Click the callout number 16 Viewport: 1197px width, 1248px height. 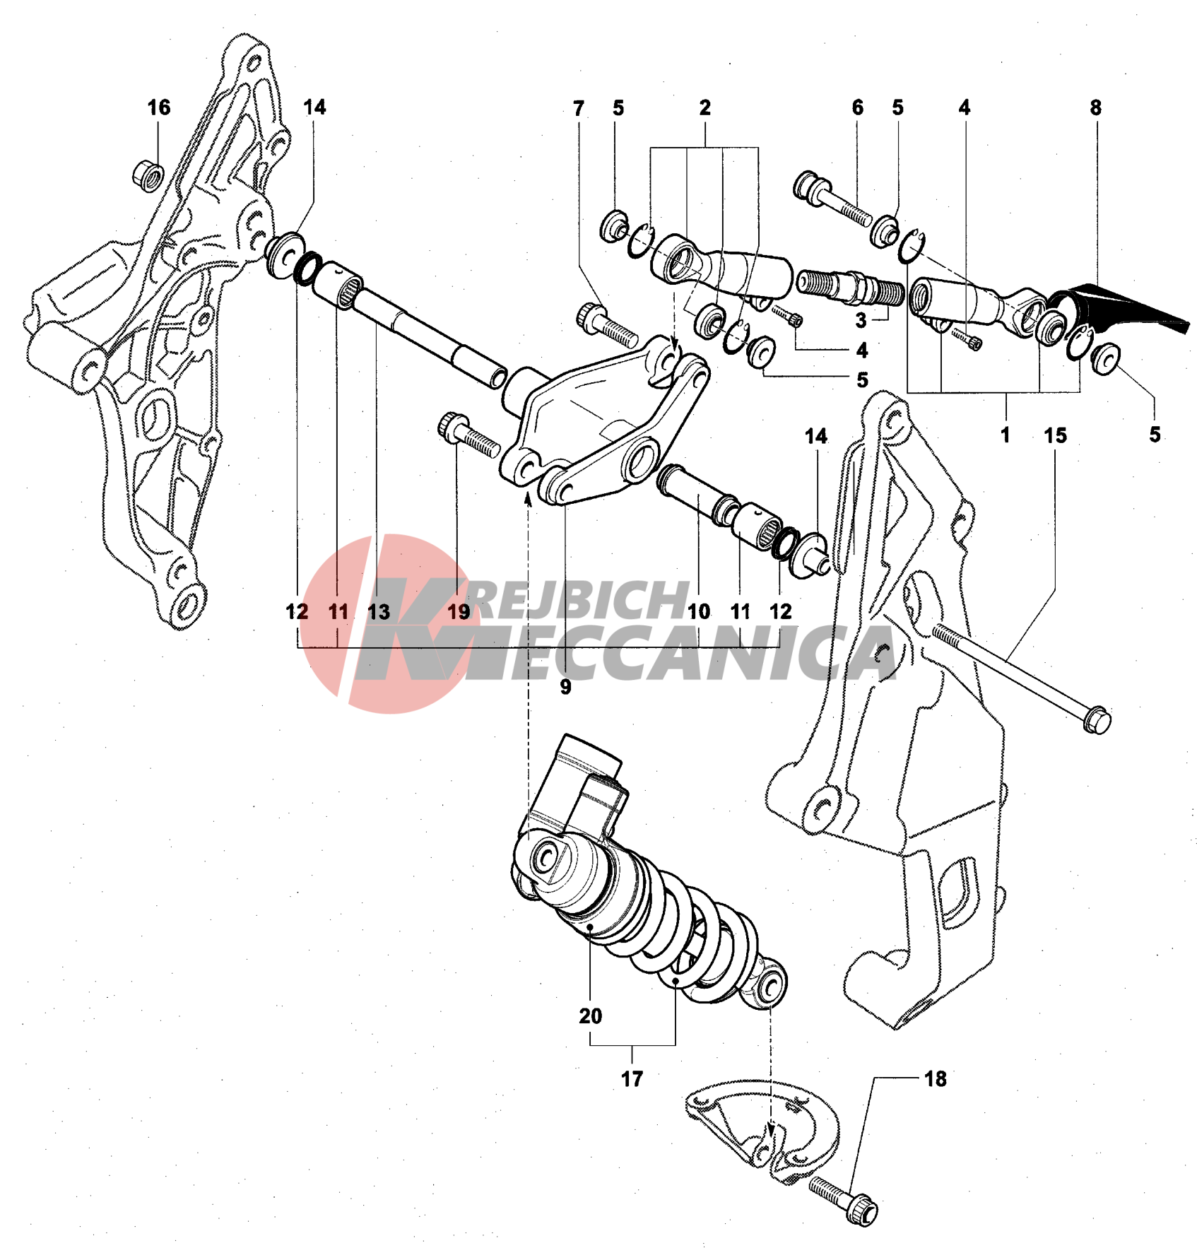[x=159, y=107]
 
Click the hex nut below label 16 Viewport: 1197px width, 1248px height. [x=148, y=175]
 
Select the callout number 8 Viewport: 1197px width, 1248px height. [x=1095, y=107]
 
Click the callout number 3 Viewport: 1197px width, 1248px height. [x=861, y=320]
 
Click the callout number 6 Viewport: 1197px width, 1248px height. [x=858, y=107]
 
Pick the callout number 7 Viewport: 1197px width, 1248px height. [x=579, y=108]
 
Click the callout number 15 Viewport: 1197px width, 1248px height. [x=1055, y=435]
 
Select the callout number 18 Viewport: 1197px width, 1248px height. [x=936, y=1078]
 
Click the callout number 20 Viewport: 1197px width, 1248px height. [x=591, y=1016]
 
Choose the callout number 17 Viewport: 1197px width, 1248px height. [x=632, y=1078]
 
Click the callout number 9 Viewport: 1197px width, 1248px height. [x=565, y=686]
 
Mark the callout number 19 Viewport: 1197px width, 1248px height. [x=459, y=611]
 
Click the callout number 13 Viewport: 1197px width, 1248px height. [x=379, y=611]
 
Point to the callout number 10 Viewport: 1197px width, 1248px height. [x=699, y=611]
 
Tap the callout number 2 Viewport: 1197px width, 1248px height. [x=704, y=107]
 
